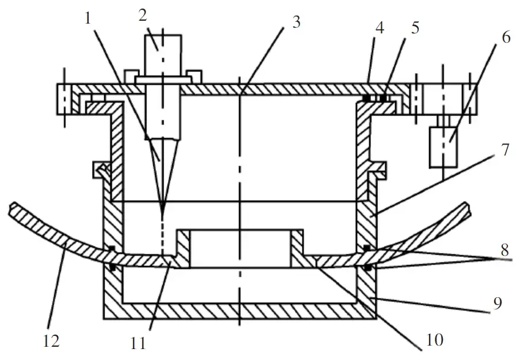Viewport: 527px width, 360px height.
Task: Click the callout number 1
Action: [x=88, y=18]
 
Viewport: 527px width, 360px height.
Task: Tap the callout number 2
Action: [x=143, y=16]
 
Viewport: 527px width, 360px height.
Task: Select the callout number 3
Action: [x=296, y=22]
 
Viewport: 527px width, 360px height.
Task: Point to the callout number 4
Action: [x=380, y=28]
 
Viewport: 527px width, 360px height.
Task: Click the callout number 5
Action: [x=415, y=28]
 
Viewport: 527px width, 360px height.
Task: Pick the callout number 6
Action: [x=506, y=37]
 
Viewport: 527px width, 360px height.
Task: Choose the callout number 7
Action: [x=505, y=150]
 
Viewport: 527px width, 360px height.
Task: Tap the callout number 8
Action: [x=505, y=250]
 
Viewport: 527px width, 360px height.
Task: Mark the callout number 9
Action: [x=498, y=303]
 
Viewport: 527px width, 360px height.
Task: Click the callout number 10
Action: [x=435, y=339]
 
